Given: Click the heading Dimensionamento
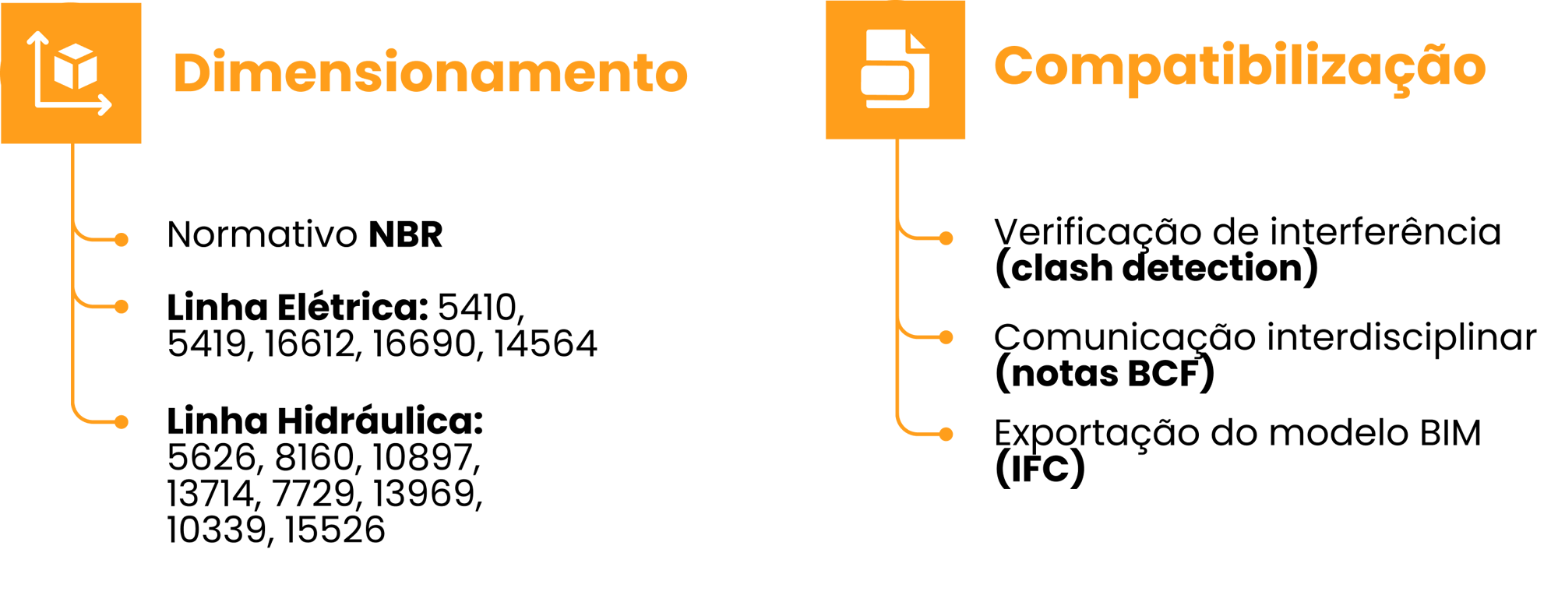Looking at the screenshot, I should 430,72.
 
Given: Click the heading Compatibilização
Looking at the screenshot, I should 1239,67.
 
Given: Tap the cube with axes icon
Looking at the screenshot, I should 71,72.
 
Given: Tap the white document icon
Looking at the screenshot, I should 895,69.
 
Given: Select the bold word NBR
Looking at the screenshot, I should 405,234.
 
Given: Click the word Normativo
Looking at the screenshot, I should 262,234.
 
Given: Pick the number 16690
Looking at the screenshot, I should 424,344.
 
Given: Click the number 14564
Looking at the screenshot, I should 545,344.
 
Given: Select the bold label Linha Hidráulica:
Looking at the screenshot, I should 325,421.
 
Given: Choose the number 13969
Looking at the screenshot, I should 427,494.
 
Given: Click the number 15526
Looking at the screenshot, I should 335,530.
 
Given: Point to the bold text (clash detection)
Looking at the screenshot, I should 1156,269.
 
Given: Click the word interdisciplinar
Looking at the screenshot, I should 1401,338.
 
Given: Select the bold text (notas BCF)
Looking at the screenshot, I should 1104,374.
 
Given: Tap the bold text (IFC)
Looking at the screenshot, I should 1039,469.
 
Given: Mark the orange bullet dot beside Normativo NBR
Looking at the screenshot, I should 122,239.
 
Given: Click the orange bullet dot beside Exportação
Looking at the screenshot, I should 946,434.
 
